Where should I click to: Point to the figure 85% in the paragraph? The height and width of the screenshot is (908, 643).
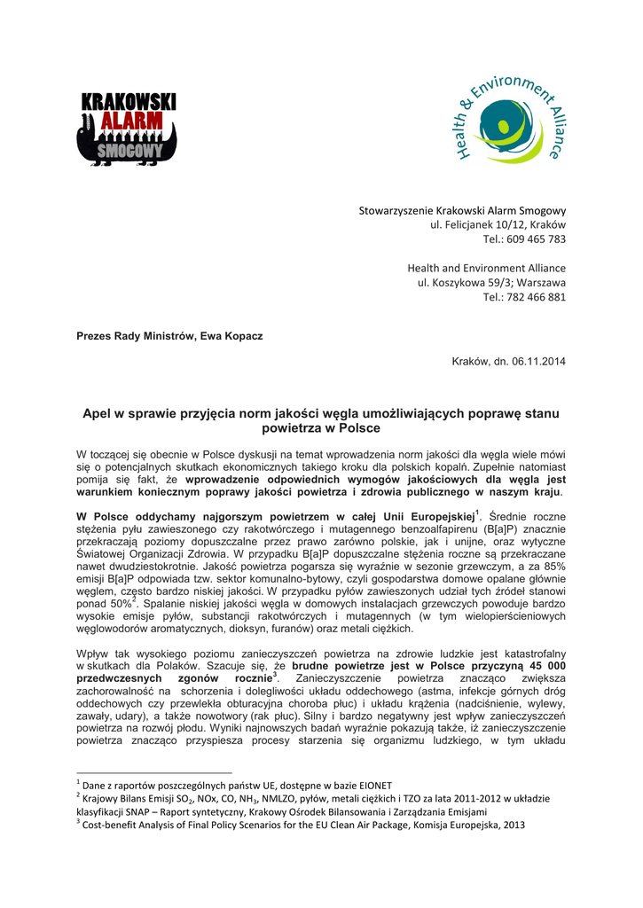(x=553, y=565)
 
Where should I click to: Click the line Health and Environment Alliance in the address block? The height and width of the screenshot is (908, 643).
(x=486, y=268)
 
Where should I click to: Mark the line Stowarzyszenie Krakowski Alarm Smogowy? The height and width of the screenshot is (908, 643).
(x=462, y=211)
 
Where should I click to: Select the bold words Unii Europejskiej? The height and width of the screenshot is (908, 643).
(x=428, y=515)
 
